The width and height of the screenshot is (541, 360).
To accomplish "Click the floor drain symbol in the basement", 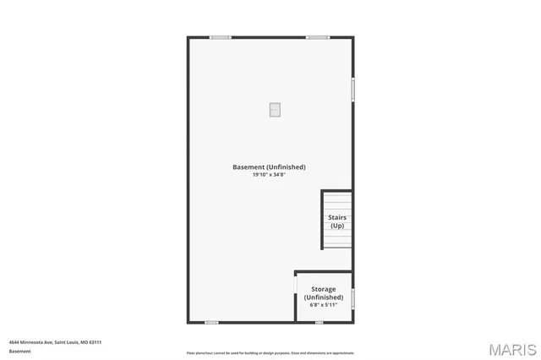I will click(275, 109).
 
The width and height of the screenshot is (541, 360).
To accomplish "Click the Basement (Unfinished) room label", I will click(269, 167).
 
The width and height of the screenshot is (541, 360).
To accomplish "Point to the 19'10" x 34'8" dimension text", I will click(269, 175).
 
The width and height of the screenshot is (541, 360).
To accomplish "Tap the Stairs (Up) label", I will click(337, 221).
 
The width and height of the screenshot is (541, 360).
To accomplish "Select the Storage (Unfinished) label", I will click(324, 293).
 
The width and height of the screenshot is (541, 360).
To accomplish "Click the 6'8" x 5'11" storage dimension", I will click(324, 304).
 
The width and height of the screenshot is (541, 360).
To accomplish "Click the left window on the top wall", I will click(221, 37).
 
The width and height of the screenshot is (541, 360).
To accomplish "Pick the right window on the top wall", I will click(318, 37).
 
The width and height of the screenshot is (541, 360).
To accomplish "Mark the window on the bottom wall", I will click(211, 322).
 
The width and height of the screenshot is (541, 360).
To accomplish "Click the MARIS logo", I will click(511, 348).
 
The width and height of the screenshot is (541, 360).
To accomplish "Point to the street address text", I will click(55, 342).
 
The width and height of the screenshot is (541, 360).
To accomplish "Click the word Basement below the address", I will click(19, 351).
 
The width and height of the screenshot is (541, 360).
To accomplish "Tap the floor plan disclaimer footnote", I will click(270, 353).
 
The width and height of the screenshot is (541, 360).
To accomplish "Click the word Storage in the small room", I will click(324, 289).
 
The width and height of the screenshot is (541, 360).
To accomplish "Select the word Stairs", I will click(337, 217).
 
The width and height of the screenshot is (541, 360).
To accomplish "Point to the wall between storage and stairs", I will click(324, 271).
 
